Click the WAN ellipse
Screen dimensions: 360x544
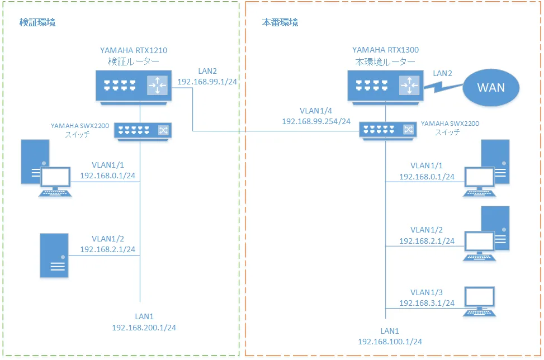click(x=490, y=88)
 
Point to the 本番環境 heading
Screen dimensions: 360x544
click(x=280, y=23)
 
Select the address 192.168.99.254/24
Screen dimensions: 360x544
click(x=316, y=121)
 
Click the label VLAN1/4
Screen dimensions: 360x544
click(x=316, y=110)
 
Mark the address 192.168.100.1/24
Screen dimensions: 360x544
click(x=390, y=342)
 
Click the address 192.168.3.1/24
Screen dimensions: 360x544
click(x=427, y=303)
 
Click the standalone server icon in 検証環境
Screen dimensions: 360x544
click(x=54, y=256)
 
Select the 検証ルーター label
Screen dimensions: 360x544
click(x=133, y=61)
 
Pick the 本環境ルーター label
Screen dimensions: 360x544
click(x=385, y=61)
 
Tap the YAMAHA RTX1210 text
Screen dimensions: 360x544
click(x=133, y=50)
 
